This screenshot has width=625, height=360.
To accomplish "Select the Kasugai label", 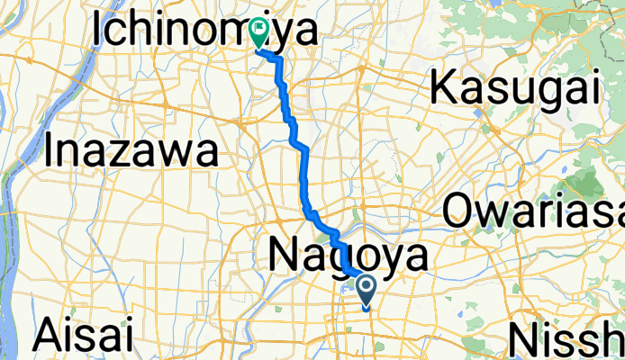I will (x=515, y=88).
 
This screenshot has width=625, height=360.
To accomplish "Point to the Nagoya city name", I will (x=348, y=257).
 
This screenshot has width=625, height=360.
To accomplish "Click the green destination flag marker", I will (x=259, y=34).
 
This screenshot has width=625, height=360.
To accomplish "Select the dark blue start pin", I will (x=368, y=291).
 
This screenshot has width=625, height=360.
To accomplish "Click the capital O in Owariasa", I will (x=460, y=212).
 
